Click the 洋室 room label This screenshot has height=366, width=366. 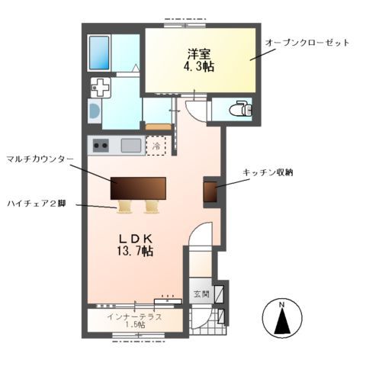tap(201, 54)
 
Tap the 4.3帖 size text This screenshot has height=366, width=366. tap(201, 67)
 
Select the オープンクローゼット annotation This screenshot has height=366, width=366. tap(307, 43)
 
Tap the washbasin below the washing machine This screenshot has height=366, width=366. tap(95, 111)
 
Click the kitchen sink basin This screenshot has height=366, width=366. tap(130, 145)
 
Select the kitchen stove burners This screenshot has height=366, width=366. tap(101, 145)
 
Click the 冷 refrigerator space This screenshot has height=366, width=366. tap(157, 145)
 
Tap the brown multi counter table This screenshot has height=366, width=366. tap(138, 188)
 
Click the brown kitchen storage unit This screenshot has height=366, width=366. tap(210, 192)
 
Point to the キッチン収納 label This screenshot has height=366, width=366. tap(268, 173)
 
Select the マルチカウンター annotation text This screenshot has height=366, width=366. tap(40, 159)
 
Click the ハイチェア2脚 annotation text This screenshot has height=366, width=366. tap(37, 204)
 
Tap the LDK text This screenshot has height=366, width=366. tap(136, 237)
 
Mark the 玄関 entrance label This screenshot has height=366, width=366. tap(200, 294)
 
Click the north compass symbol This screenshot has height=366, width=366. tap(282, 318)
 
